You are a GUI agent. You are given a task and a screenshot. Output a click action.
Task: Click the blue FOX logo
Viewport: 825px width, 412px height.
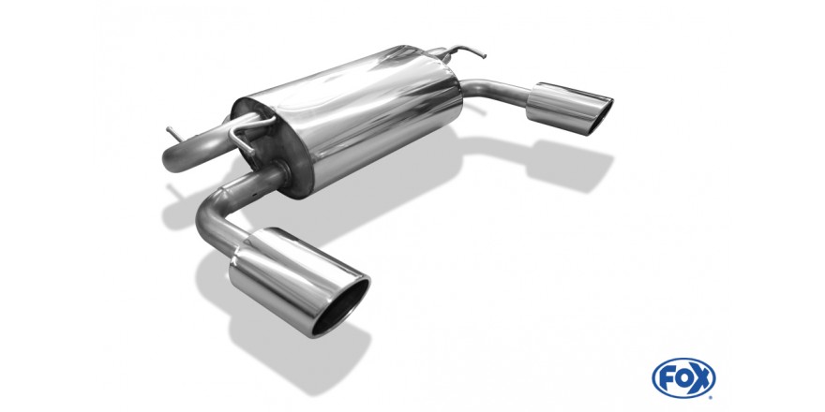[683, 378]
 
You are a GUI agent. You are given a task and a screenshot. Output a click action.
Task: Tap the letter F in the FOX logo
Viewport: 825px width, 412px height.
[667, 378]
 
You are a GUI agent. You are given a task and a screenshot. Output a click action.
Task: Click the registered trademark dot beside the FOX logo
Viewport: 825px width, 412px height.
[712, 397]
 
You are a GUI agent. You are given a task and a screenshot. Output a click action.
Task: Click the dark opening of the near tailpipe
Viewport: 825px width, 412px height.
[340, 307]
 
